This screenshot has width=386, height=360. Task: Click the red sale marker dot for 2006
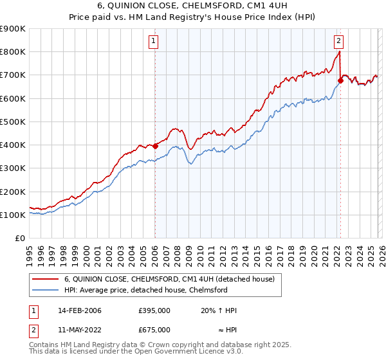tap(156, 146)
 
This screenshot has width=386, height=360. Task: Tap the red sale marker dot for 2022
tap(340, 80)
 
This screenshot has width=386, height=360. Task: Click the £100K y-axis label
tap(12, 215)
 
